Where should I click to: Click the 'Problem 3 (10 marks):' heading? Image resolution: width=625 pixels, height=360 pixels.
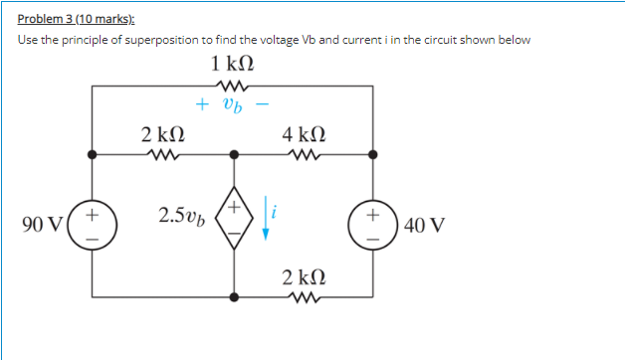tap(77, 19)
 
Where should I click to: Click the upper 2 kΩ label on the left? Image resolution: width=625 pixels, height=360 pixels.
tap(162, 133)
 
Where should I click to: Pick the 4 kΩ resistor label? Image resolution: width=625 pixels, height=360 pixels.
tap(304, 133)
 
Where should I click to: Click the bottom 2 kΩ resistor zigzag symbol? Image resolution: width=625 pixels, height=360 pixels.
tap(304, 295)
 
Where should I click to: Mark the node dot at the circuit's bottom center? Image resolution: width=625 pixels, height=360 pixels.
tap(234, 296)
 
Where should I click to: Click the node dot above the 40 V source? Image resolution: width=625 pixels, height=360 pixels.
tap(374, 154)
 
